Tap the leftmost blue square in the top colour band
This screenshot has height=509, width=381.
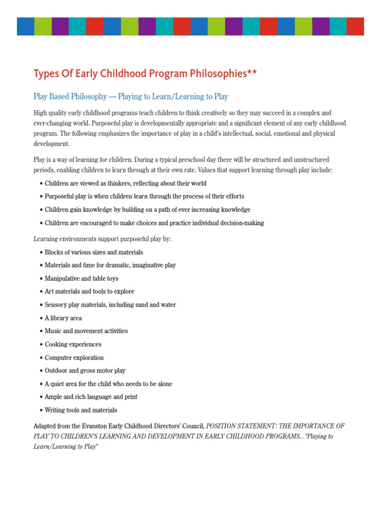click(x=25, y=26)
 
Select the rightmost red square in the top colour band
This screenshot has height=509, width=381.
click(x=355, y=26)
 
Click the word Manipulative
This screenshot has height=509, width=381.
click(x=63, y=279)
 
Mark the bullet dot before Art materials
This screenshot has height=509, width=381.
click(x=41, y=292)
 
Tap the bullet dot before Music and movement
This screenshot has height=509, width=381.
click(x=41, y=331)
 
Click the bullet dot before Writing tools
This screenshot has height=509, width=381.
click(x=41, y=411)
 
